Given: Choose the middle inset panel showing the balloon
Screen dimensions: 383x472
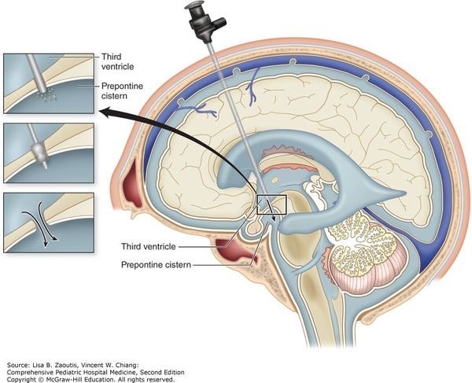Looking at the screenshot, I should [48, 152].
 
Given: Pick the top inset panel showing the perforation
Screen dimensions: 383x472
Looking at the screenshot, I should [48, 83].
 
